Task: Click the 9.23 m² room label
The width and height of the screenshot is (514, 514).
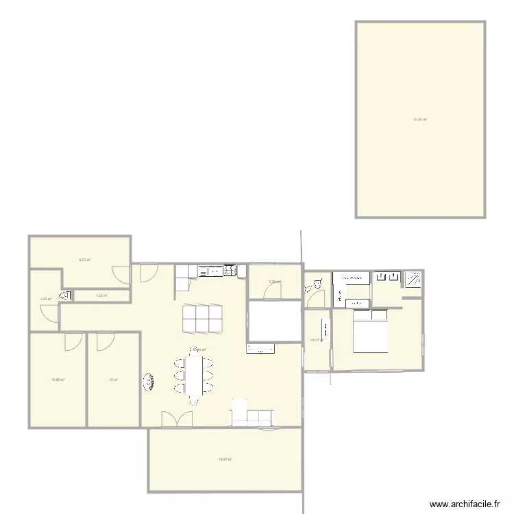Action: [x=85, y=260]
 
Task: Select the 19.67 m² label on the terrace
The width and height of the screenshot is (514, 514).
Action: [x=225, y=459]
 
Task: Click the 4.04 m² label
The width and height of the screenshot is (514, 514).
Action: [x=46, y=299]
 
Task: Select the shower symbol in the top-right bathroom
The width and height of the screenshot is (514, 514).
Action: [x=413, y=279]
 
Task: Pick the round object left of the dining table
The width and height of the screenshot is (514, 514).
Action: [x=148, y=382]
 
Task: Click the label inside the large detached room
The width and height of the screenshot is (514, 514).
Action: [x=420, y=119]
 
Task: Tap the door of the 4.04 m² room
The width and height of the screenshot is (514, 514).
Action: [x=50, y=313]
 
